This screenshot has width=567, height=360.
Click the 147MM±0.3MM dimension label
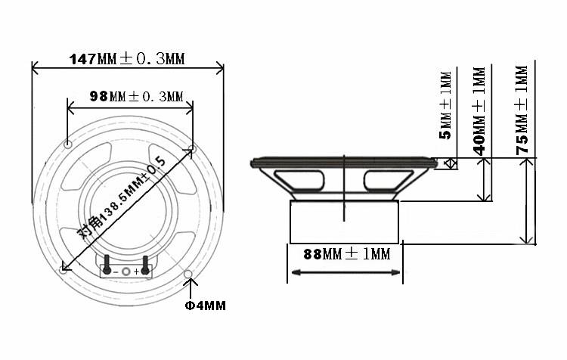coord(127,58)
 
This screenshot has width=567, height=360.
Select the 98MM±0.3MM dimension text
coord(136,96)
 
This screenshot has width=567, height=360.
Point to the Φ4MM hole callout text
coord(205,306)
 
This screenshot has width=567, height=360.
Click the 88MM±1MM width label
coord(347,254)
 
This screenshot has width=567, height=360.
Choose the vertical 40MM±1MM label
coord(479,111)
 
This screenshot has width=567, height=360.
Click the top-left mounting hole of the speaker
coord(67,144)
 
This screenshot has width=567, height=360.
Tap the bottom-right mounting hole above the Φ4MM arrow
coord(188,274)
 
